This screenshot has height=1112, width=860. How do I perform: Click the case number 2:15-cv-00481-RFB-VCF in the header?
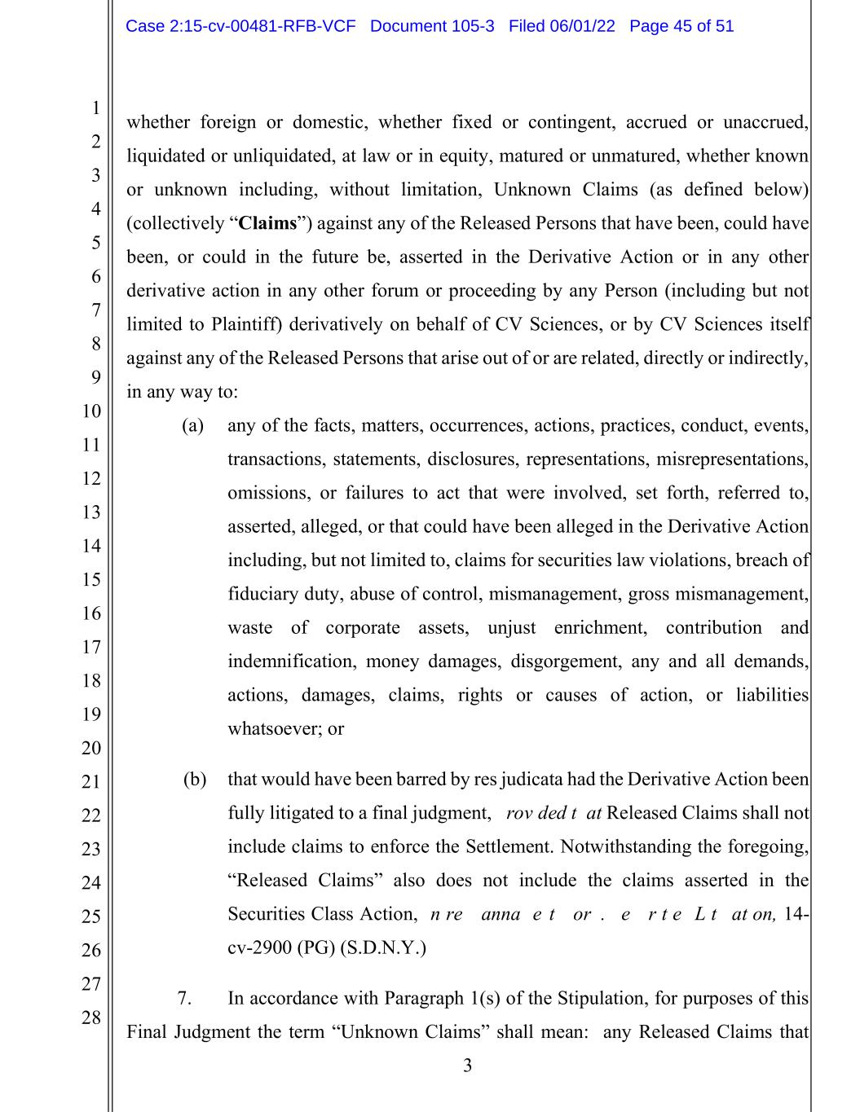click(x=240, y=26)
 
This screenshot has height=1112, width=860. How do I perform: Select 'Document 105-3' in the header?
click(x=432, y=26)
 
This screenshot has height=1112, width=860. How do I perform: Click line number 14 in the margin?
click(x=90, y=546)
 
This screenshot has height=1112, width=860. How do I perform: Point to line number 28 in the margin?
click(x=90, y=1018)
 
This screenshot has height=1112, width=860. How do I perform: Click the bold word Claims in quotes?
click(x=267, y=223)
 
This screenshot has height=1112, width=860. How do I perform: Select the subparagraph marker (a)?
click(x=192, y=425)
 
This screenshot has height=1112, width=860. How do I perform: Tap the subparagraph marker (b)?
click(x=194, y=780)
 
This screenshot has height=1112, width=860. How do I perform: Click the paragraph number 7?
click(x=184, y=998)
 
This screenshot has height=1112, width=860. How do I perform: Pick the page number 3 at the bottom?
click(x=467, y=1066)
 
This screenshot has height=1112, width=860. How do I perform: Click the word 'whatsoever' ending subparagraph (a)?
click(x=275, y=729)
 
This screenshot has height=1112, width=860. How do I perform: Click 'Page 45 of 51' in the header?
click(x=681, y=26)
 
